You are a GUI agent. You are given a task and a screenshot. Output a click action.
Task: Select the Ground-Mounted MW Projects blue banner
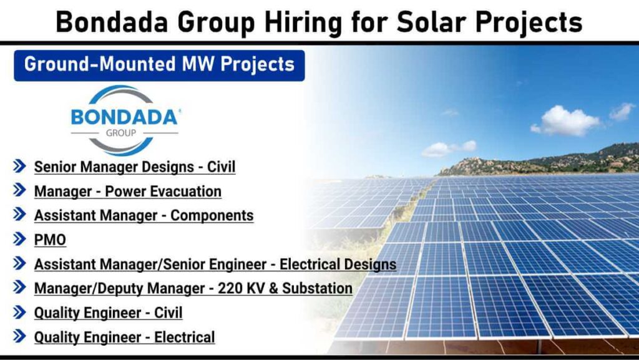pos(159,64)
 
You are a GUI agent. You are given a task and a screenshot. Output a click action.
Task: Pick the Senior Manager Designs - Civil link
pos(134,167)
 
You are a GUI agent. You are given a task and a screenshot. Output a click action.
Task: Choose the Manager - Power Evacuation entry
pos(127,191)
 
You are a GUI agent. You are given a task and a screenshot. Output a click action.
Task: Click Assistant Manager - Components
pos(144,215)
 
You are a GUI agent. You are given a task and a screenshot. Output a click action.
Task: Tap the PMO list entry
pos(50,240)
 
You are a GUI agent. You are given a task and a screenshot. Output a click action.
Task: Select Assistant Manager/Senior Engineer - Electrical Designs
pos(215,264)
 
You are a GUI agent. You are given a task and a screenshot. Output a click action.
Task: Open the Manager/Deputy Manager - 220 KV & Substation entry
pos(193,288)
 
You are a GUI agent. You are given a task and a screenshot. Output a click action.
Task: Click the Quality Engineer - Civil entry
pos(108,313)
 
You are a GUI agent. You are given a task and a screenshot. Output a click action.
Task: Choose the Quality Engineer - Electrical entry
pos(124,337)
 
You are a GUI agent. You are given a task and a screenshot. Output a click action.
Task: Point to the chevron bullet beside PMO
pos(20,239)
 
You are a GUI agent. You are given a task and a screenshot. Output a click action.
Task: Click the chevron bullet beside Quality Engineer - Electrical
pos(20,336)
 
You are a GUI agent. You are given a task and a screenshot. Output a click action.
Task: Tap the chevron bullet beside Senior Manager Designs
pos(20,166)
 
